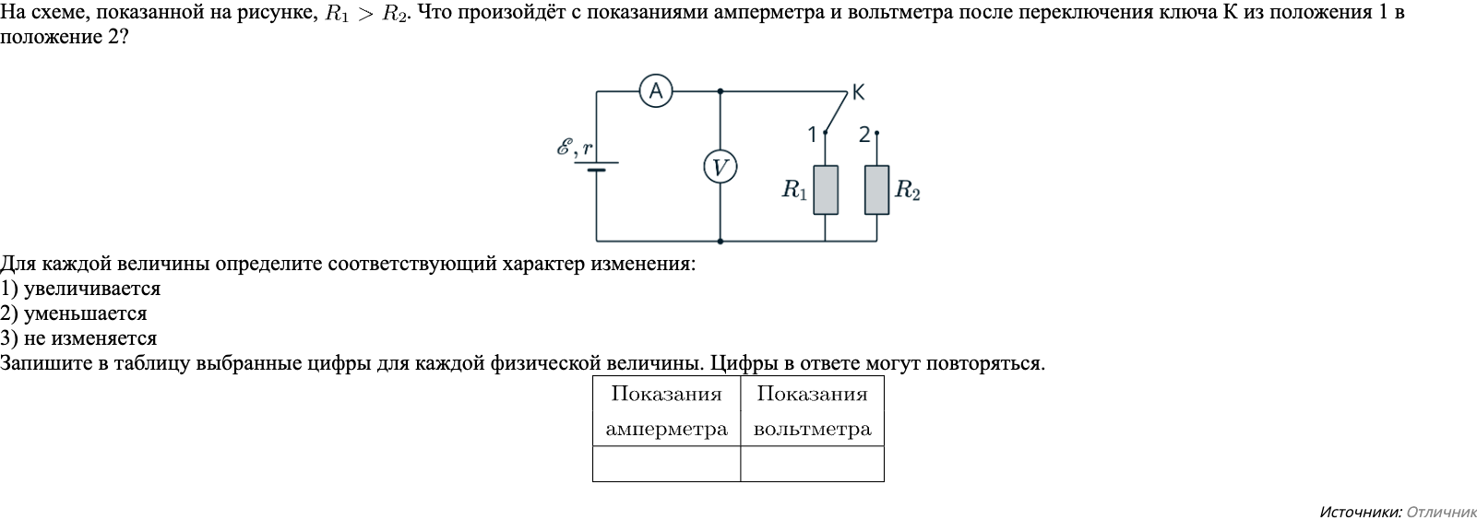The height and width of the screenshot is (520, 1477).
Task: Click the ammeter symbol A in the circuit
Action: tap(655, 91)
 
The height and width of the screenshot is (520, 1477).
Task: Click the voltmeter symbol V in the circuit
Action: tap(720, 167)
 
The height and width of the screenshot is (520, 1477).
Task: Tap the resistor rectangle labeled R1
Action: tap(826, 190)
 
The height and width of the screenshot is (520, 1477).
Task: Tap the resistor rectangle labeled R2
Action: tap(876, 190)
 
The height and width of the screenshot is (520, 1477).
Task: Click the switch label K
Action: tap(859, 92)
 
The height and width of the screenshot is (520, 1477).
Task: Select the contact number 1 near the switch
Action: tap(812, 135)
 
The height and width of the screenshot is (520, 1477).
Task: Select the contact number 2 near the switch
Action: tap(864, 135)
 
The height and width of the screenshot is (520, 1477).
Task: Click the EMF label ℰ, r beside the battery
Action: tap(574, 148)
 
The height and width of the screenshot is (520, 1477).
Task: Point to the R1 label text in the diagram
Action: tap(794, 191)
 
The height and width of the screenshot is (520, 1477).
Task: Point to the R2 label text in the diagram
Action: tap(908, 191)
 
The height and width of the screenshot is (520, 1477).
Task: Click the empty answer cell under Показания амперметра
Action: tap(666, 464)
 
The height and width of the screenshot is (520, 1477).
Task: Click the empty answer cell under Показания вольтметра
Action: tap(812, 464)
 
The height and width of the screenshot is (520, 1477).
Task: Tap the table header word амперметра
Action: tap(666, 430)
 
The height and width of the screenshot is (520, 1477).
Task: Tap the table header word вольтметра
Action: tap(812, 430)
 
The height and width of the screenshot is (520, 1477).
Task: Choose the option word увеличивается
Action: tap(92, 289)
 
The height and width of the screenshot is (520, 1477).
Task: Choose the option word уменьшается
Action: tap(85, 313)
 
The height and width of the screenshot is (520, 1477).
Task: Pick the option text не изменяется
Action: tap(90, 338)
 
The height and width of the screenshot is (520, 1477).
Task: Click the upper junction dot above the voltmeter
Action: tap(720, 91)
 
